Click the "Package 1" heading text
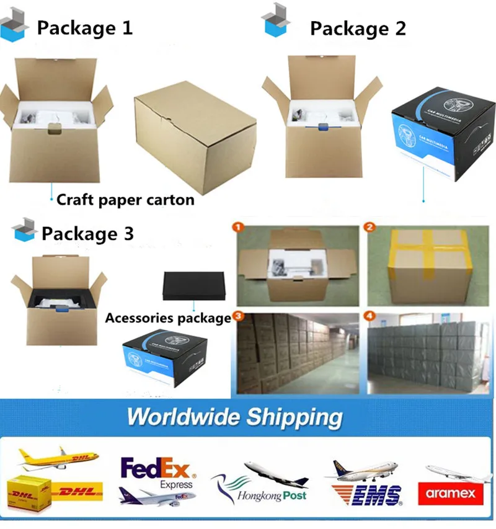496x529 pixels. (84, 28)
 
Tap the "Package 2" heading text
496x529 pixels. (358, 28)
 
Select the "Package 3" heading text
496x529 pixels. (87, 234)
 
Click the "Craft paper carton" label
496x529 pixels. (125, 200)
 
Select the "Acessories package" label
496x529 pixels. (167, 318)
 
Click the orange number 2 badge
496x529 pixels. (370, 228)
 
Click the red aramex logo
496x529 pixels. (450, 494)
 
